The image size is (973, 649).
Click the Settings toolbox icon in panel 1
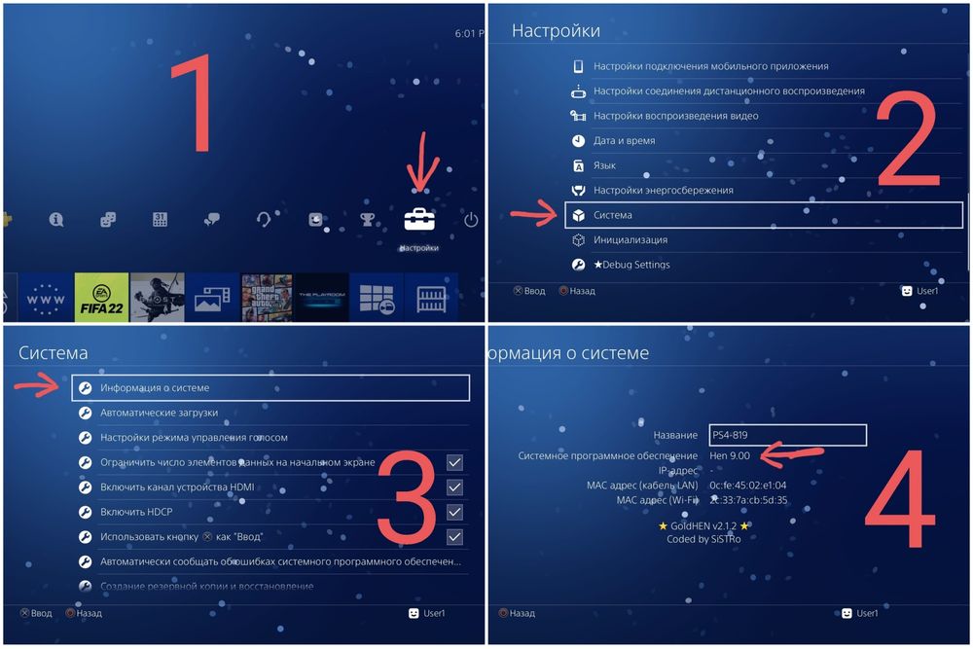pyautogui.click(x=420, y=220)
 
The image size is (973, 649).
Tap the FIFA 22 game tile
pyautogui.click(x=101, y=297)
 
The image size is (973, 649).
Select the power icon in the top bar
pyautogui.click(x=471, y=220)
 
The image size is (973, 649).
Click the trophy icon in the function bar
pyautogui.click(x=368, y=220)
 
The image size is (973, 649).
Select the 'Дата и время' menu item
pyautogui.click(x=624, y=141)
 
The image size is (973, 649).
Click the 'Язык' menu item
pyautogui.click(x=604, y=165)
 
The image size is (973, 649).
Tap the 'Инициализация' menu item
pyautogui.click(x=631, y=239)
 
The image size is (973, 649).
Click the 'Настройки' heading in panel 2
pyautogui.click(x=556, y=31)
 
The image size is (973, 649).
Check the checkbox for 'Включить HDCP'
pyautogui.click(x=454, y=512)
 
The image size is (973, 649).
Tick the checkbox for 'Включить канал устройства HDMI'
pyautogui.click(x=454, y=487)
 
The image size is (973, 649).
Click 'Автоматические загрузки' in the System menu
pyautogui.click(x=159, y=413)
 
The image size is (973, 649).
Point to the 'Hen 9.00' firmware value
pyautogui.click(x=731, y=455)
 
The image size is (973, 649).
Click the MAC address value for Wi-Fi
pyautogui.click(x=748, y=500)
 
